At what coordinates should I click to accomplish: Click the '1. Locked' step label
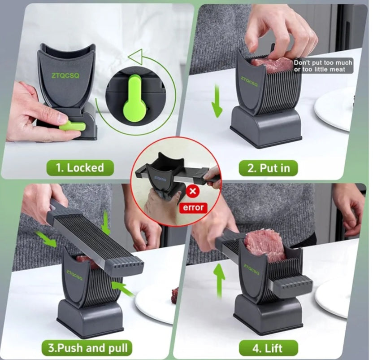pyautogui.click(x=80, y=168)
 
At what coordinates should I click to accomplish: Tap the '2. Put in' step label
pyautogui.click(x=269, y=168)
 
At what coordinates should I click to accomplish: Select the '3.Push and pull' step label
pyautogui.click(x=87, y=348)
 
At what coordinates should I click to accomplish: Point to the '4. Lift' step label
pyautogui.click(x=268, y=348)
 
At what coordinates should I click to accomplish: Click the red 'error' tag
pyautogui.click(x=193, y=207)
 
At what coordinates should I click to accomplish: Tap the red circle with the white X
pyautogui.click(x=193, y=191)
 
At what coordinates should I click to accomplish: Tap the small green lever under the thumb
pyautogui.click(x=72, y=126)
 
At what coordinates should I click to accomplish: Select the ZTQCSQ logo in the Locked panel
pyautogui.click(x=65, y=75)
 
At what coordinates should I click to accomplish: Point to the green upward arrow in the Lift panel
pyautogui.click(x=219, y=281)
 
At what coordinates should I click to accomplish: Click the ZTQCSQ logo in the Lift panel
pyautogui.click(x=252, y=269)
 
